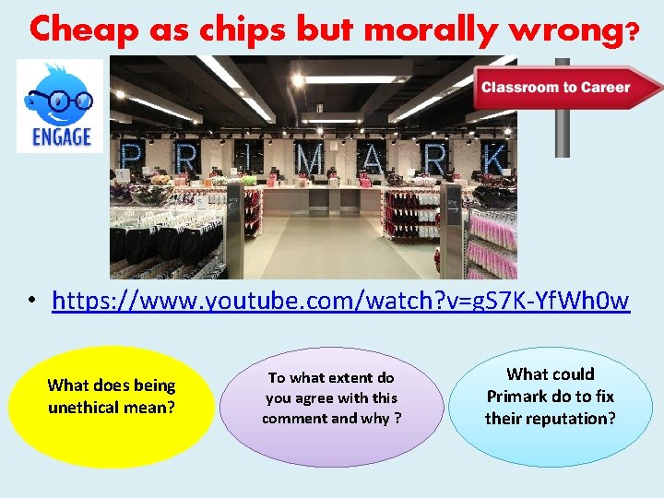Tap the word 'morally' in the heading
tap(425, 30)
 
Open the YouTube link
tap(341, 301)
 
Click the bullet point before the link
tap(30, 302)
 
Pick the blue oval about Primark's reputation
tap(551, 406)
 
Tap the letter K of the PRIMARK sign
tap(496, 160)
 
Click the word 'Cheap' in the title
tap(77, 30)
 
